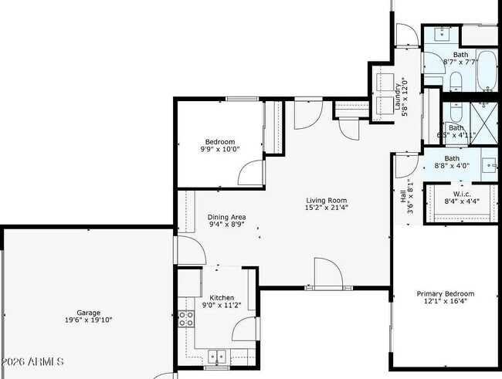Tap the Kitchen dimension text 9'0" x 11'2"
[x=222, y=305]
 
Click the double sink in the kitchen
[x=217, y=356]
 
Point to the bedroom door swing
[x=251, y=173]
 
